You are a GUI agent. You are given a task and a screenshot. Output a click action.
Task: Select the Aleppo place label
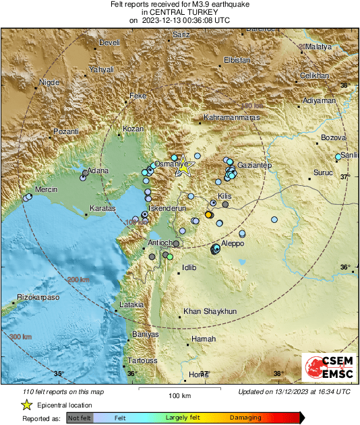232,243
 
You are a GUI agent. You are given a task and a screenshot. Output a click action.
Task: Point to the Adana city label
98,171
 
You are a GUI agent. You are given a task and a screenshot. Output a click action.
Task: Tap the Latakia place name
132,305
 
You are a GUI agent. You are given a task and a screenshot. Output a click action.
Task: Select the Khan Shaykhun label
210,312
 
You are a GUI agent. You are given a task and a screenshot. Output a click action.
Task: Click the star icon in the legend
26,405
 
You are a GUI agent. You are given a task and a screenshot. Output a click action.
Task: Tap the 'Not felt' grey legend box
79,418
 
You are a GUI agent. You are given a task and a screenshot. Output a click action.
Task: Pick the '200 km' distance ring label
79,280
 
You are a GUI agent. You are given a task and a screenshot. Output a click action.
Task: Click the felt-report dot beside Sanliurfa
338,158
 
